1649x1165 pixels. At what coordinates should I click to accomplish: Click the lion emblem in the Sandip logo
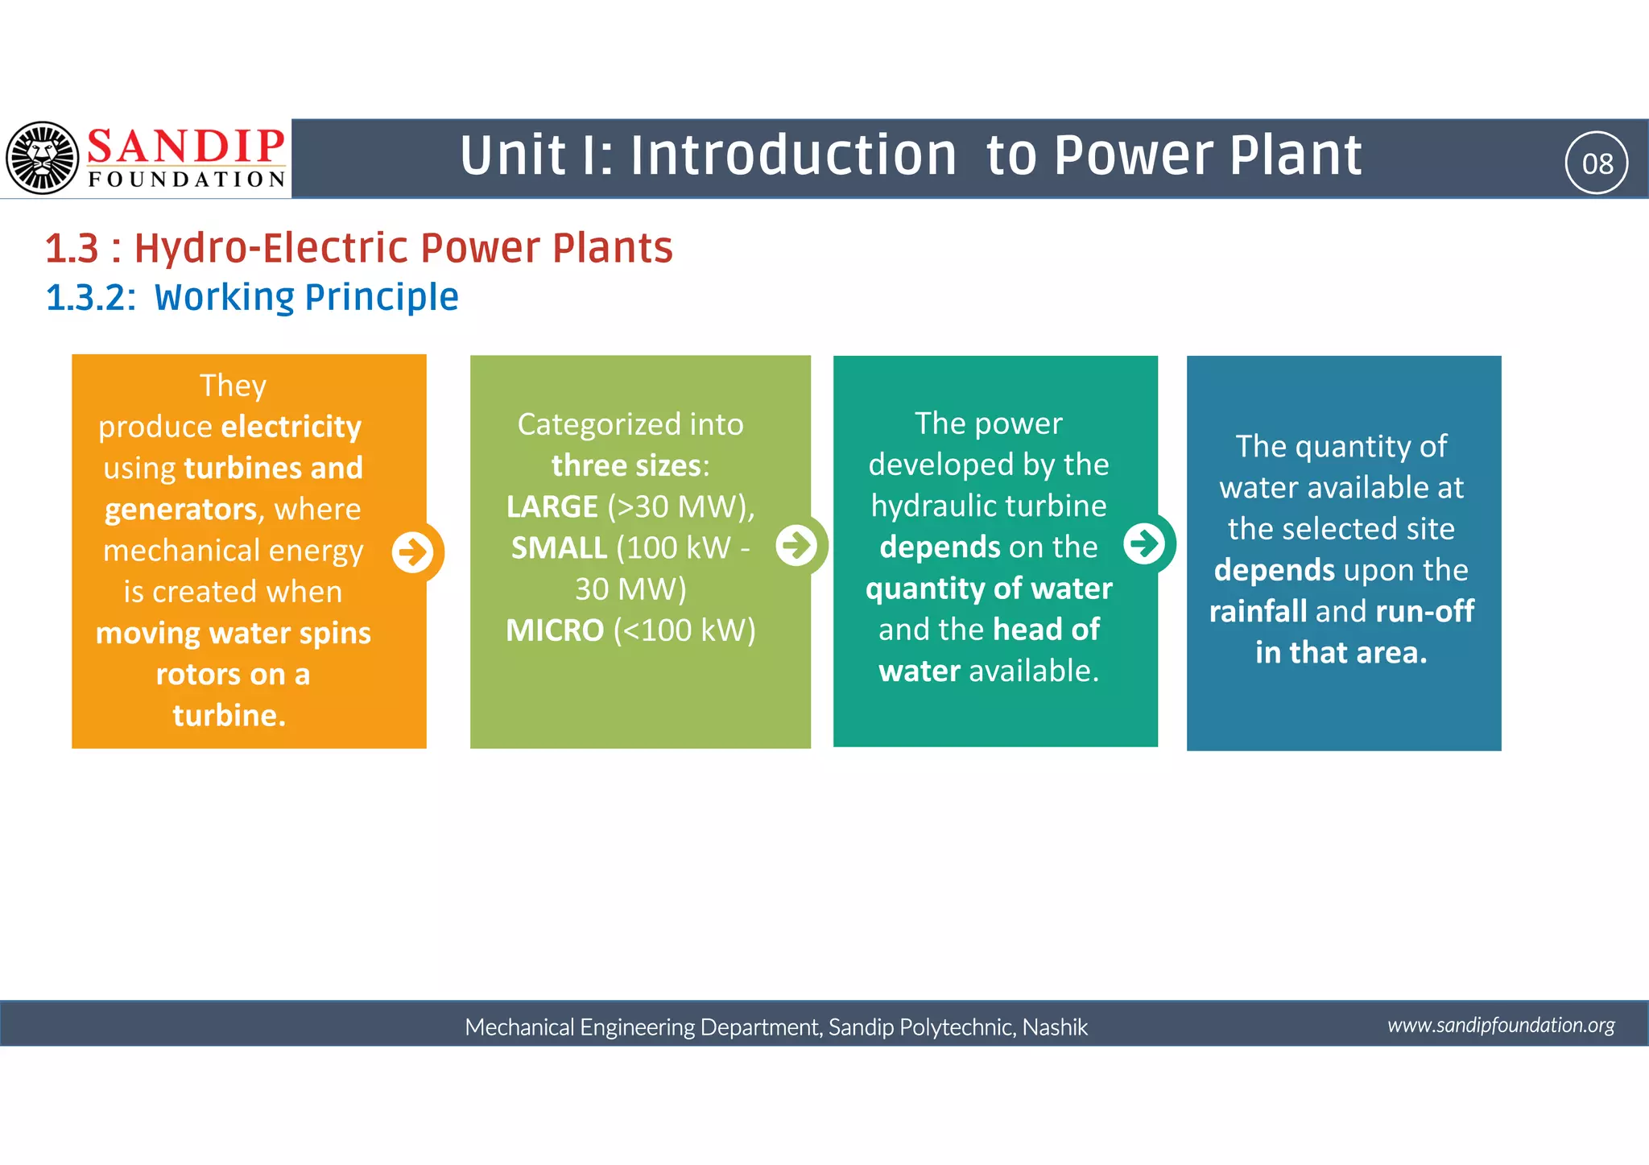pyautogui.click(x=43, y=158)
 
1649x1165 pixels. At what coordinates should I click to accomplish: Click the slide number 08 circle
pyautogui.click(x=1597, y=163)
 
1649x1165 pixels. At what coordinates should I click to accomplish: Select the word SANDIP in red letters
pyautogui.click(x=186, y=147)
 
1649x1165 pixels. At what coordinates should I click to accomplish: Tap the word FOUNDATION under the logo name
pyautogui.click(x=187, y=179)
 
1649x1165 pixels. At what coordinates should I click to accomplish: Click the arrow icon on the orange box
pyautogui.click(x=413, y=552)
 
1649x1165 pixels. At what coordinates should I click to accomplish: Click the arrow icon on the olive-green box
pyautogui.click(x=797, y=545)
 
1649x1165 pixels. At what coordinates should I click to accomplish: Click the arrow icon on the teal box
pyautogui.click(x=1144, y=543)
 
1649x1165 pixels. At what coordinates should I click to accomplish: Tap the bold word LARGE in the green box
pyautogui.click(x=552, y=507)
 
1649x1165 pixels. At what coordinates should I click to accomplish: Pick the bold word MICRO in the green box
pyautogui.click(x=555, y=630)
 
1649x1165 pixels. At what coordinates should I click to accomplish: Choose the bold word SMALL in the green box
pyautogui.click(x=559, y=548)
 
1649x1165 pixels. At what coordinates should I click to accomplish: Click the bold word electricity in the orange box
pyautogui.click(x=291, y=427)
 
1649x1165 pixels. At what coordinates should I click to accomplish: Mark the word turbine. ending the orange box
pyautogui.click(x=229, y=715)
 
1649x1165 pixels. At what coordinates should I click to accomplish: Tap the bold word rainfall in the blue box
pyautogui.click(x=1258, y=612)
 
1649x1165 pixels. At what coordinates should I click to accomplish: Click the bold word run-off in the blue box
pyautogui.click(x=1425, y=612)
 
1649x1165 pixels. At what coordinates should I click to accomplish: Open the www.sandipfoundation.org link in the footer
pyautogui.click(x=1501, y=1025)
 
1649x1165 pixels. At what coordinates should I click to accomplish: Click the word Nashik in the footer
pyautogui.click(x=1055, y=1027)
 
